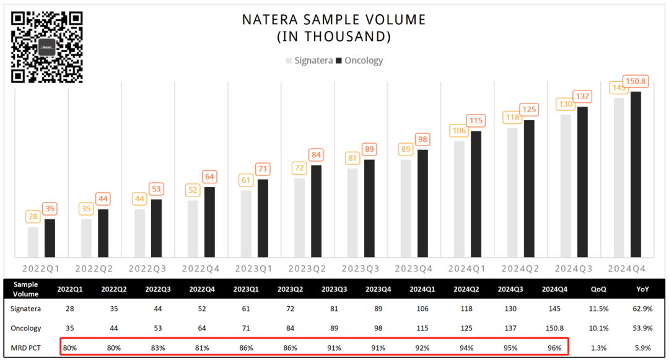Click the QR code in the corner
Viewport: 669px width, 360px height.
tap(47, 47)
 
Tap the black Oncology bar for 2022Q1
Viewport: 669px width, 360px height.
tap(50, 238)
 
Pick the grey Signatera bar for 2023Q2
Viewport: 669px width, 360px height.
tap(299, 217)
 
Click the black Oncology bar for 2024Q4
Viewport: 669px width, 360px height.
tap(636, 174)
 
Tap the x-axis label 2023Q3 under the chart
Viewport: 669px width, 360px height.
tap(361, 268)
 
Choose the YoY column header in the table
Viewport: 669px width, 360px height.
tap(643, 289)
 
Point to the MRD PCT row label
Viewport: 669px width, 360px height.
tap(26, 348)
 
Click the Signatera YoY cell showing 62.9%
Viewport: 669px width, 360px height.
tap(643, 308)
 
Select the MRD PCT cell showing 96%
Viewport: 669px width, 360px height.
tap(554, 348)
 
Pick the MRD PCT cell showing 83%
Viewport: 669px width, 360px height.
tap(157, 348)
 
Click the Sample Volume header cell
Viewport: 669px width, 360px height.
tap(26, 289)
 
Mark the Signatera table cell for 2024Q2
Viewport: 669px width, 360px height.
tap(465, 308)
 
